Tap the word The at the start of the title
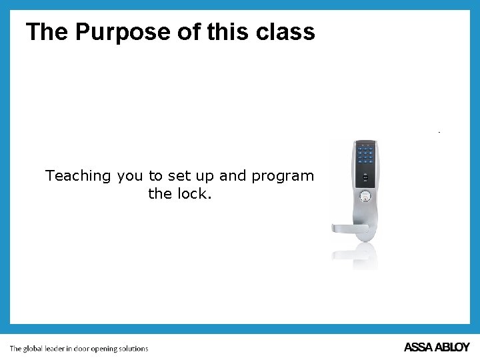[47, 31]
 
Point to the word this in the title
[225, 31]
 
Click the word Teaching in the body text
[78, 176]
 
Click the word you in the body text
[130, 176]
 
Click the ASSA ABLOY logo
[437, 347]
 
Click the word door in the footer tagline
[81, 348]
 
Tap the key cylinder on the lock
[365, 197]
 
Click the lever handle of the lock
[350, 228]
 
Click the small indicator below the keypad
[365, 177]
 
